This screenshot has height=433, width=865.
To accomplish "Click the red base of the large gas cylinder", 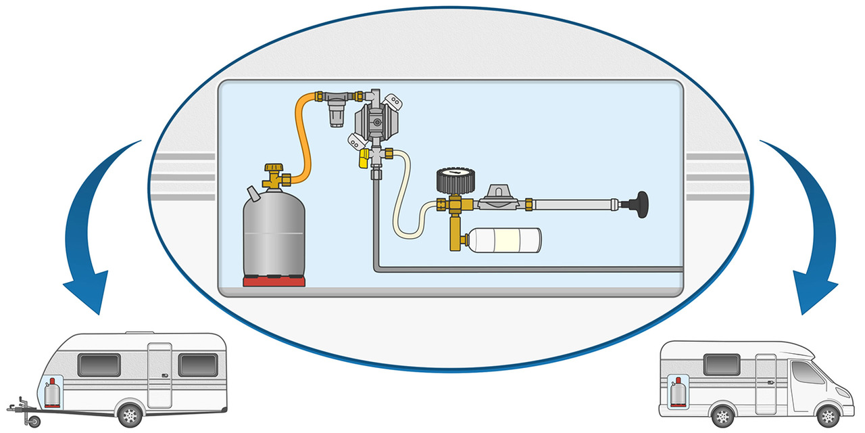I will coord(274,281).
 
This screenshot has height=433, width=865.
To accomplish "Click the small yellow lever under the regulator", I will coord(363,158).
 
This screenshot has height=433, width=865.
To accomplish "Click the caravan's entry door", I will coord(160,375).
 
